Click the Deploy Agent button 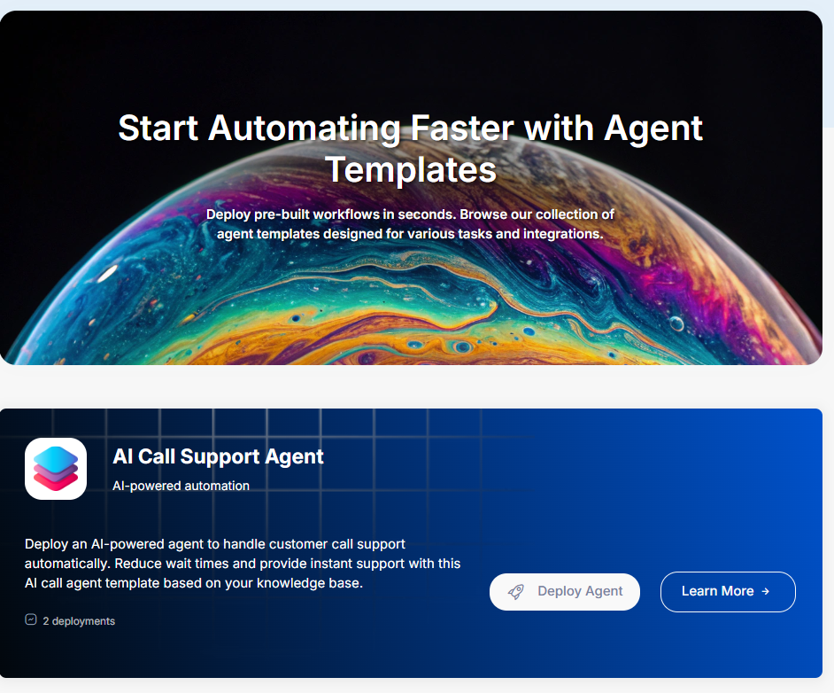click(x=564, y=591)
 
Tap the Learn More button click(x=728, y=591)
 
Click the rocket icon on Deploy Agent click(x=516, y=591)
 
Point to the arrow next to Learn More click(x=766, y=591)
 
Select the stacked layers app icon click(x=56, y=469)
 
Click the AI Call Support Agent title click(x=218, y=456)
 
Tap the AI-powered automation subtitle click(x=181, y=486)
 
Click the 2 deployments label click(x=79, y=621)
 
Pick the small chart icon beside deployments click(x=31, y=619)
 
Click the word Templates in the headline click(x=411, y=169)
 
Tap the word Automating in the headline click(x=305, y=128)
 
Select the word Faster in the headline click(x=462, y=128)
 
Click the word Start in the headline click(x=158, y=128)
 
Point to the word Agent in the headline click(x=653, y=129)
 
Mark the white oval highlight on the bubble click(x=107, y=274)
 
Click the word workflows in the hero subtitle click(x=346, y=214)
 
